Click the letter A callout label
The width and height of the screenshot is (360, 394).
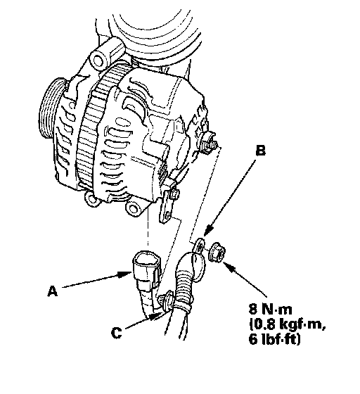52,291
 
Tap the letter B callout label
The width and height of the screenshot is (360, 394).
260,151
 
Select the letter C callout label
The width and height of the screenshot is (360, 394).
116,333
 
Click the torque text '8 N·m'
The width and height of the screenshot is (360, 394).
271,309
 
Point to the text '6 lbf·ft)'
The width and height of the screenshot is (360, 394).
274,339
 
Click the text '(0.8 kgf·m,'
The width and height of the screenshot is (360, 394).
288,324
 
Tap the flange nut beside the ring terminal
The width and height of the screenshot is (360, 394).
217,253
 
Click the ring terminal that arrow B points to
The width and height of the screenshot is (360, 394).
200,246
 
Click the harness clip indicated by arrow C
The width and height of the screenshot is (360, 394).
167,301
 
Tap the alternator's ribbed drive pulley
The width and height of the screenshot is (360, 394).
52,108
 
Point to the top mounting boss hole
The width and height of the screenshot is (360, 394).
98,61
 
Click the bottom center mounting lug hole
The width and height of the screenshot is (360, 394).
134,208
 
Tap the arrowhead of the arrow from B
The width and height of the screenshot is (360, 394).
207,231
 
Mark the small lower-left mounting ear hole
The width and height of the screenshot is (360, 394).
91,198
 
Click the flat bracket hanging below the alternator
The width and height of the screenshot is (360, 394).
167,204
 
